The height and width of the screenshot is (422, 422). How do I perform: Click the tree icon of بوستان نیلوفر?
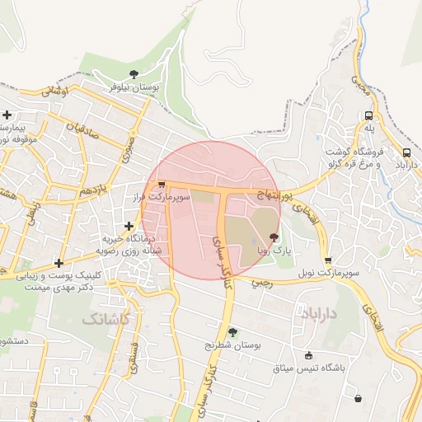(134, 74)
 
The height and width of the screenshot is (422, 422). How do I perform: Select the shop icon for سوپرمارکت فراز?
(162, 185)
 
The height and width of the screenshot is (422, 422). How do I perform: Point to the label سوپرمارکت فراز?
(162, 198)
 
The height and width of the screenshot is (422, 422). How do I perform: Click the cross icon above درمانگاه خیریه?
(129, 226)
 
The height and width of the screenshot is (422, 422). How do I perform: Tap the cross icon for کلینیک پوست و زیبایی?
(59, 264)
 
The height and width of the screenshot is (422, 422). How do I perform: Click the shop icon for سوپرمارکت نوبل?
(328, 260)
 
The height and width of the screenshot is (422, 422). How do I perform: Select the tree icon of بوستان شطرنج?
(232, 332)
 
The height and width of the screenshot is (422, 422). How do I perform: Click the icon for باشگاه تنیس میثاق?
(308, 356)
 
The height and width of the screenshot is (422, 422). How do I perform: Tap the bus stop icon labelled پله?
(368, 116)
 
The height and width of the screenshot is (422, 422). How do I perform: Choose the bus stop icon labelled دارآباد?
(406, 152)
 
